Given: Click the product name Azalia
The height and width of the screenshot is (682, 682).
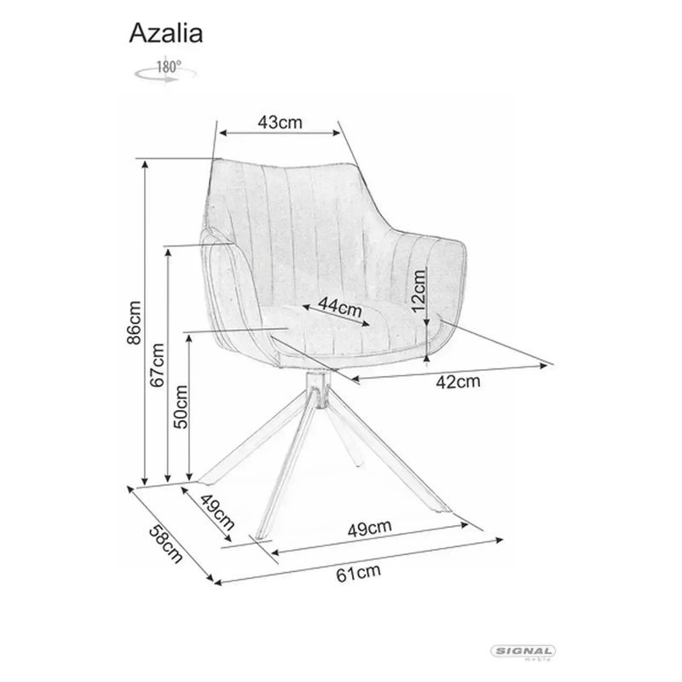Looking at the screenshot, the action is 165,33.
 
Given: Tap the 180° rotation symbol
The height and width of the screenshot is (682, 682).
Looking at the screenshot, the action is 165,71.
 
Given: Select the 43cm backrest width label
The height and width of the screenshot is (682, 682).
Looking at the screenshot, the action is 280,122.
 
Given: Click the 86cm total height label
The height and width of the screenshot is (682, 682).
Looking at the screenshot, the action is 134,322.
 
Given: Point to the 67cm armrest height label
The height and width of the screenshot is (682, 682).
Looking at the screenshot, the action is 157,365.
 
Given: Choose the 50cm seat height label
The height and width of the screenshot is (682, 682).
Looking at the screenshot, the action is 181,407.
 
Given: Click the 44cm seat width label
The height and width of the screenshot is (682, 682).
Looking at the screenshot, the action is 339,307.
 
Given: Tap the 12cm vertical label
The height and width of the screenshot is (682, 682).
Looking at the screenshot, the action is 419,290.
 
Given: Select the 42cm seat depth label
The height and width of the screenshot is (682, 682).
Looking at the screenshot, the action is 458,382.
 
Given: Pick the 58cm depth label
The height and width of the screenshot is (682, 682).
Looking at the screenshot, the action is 165,544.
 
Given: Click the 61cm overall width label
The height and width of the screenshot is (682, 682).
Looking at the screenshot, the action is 358,573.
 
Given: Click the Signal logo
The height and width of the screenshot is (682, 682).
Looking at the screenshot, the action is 523,652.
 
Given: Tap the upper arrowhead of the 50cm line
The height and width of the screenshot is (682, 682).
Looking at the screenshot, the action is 188,338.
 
